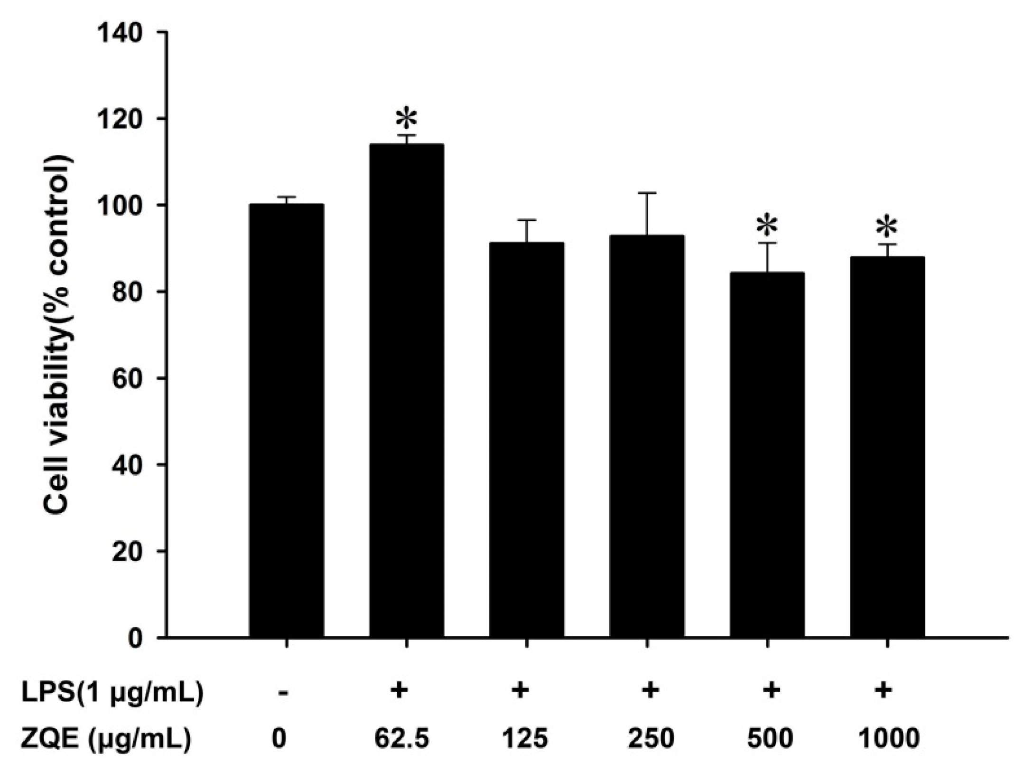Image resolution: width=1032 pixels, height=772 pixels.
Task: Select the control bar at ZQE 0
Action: [287, 420]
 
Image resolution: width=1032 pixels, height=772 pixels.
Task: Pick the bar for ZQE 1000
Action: [887, 446]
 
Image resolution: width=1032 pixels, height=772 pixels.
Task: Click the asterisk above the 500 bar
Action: [767, 226]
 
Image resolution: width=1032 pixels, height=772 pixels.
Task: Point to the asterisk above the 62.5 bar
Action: [407, 119]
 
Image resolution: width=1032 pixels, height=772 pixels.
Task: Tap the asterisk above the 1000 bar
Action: [887, 228]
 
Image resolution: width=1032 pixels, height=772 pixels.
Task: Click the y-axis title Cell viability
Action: [59, 332]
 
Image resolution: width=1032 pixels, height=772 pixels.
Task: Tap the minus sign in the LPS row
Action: [283, 692]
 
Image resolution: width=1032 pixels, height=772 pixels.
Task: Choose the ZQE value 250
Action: [651, 739]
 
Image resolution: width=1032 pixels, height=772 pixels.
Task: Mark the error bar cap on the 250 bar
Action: [647, 193]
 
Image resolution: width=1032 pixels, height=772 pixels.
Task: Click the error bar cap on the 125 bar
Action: [527, 220]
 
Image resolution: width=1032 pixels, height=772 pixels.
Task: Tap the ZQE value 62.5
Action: [401, 739]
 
